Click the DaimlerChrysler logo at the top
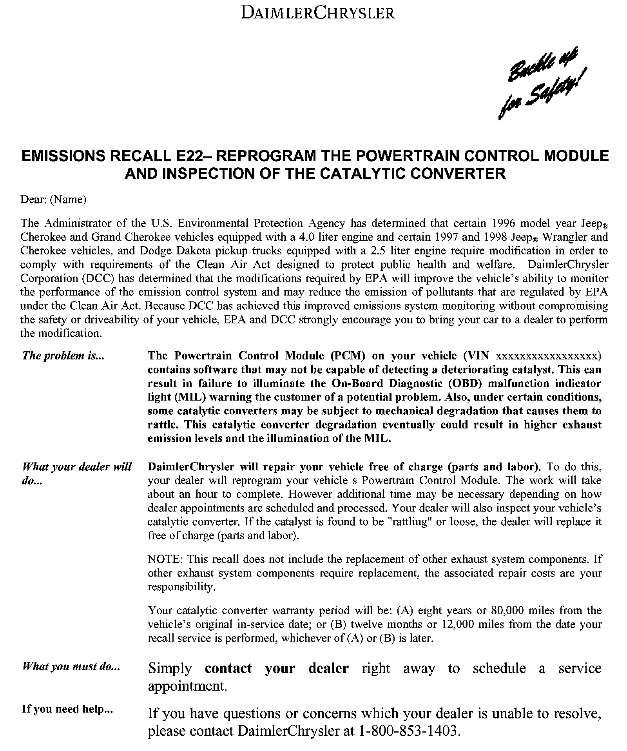(x=317, y=13)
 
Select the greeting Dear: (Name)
(x=53, y=200)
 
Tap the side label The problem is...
(x=63, y=356)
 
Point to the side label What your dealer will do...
(x=77, y=473)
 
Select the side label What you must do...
(x=71, y=666)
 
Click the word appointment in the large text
(x=187, y=686)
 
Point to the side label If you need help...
(x=67, y=709)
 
